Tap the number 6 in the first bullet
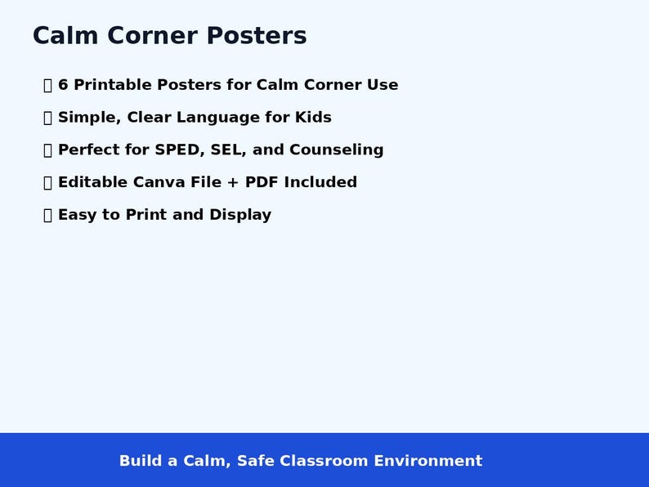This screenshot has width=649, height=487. (x=63, y=85)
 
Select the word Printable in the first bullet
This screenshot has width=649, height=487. (x=113, y=85)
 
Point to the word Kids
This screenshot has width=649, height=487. (x=313, y=118)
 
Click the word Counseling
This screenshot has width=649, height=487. (x=336, y=150)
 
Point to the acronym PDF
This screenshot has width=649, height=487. (x=262, y=182)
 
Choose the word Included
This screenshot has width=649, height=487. (x=320, y=182)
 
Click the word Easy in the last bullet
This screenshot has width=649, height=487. (x=78, y=215)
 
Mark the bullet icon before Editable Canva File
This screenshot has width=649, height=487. (x=47, y=182)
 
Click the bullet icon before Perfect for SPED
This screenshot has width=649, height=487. (x=47, y=150)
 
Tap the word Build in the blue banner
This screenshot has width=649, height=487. (x=140, y=461)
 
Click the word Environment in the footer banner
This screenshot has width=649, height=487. (x=427, y=461)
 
